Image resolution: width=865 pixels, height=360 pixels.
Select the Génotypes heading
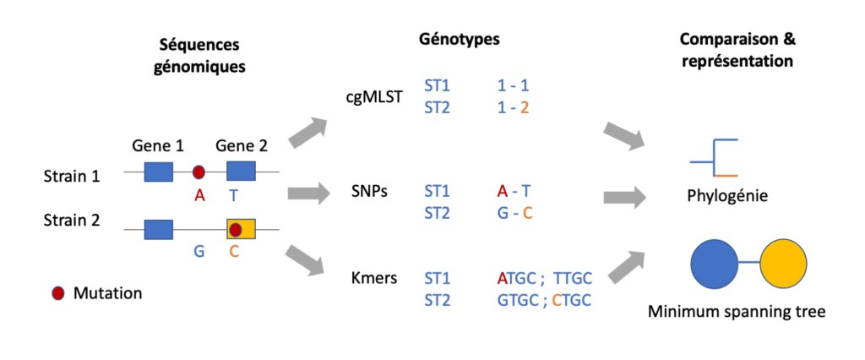460,39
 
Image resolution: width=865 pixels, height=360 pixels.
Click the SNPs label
368,192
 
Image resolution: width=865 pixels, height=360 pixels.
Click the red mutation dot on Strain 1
199,172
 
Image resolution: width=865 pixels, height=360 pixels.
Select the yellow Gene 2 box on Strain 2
241,228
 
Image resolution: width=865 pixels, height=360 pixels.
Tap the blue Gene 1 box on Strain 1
158,172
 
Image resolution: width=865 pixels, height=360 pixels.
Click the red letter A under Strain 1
199,196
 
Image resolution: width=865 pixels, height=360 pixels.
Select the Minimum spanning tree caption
737,311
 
